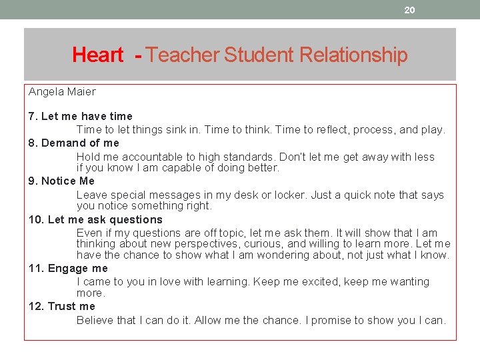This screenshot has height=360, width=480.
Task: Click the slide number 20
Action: pos(409,9)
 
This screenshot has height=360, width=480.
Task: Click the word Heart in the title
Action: pos(97,55)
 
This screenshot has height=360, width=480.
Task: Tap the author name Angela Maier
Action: pos(62,91)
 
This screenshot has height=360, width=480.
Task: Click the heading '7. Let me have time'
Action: pos(81,116)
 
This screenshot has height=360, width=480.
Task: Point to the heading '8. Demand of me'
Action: pos(74,143)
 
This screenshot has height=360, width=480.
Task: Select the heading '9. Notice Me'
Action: pos(62,181)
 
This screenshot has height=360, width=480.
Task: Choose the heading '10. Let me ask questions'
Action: pos(96,219)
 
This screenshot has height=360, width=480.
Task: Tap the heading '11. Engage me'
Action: pos(68,268)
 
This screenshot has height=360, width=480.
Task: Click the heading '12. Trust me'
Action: pos(62,306)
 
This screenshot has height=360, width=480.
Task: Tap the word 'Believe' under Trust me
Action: pos(96,320)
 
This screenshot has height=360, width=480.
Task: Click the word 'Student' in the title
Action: pos(254,55)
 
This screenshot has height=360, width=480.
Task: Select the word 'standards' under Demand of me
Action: pos(247,157)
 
